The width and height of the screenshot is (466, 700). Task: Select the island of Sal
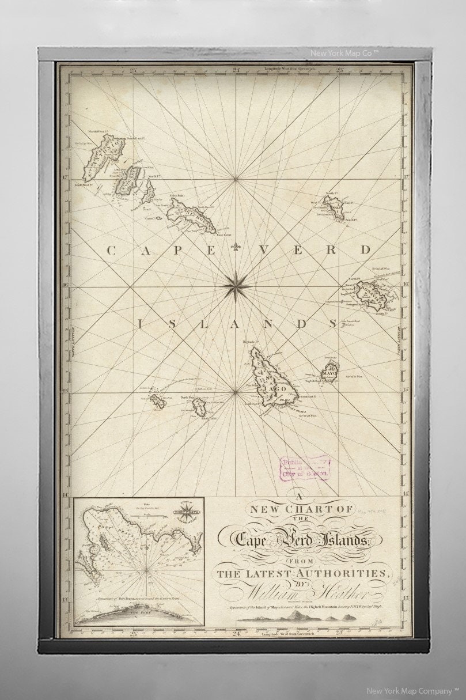(x=334, y=208)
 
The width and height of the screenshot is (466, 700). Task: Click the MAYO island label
(x=329, y=373)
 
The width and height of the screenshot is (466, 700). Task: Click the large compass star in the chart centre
(x=236, y=283)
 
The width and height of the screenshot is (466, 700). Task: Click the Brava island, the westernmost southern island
(x=158, y=402)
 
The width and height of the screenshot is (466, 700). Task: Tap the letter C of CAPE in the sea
(x=111, y=250)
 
